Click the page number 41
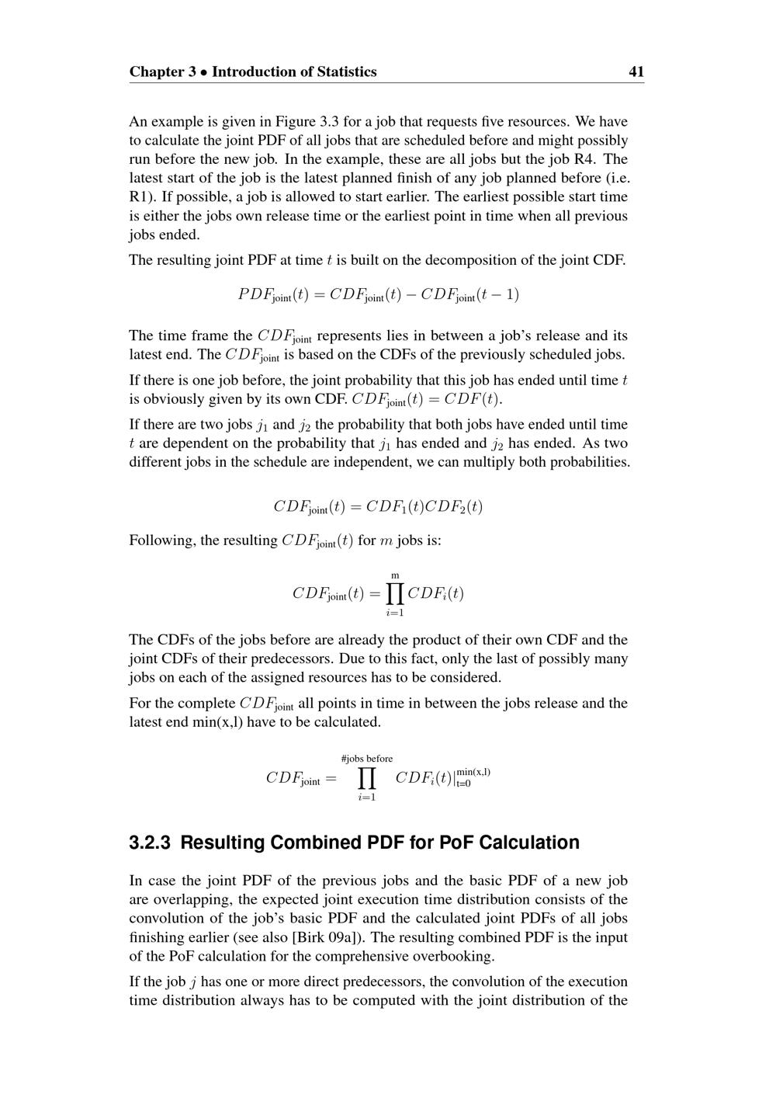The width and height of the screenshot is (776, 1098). (x=636, y=72)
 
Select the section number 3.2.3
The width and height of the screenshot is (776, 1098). (x=151, y=843)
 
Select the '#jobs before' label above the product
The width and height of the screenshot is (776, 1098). (x=367, y=759)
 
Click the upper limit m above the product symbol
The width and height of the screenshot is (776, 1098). (x=395, y=575)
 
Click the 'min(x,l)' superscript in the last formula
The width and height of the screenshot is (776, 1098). (x=473, y=772)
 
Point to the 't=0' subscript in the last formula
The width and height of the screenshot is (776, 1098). (x=463, y=784)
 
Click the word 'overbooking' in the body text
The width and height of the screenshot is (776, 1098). (x=455, y=956)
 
